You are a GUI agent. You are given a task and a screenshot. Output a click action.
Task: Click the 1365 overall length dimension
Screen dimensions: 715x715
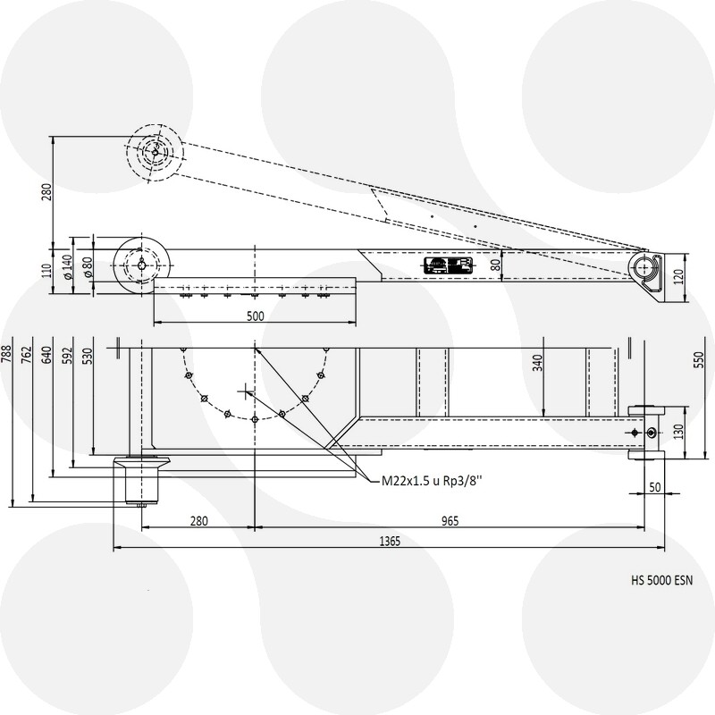[389, 541]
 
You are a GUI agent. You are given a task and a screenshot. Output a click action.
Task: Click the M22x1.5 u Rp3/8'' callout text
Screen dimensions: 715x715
[433, 480]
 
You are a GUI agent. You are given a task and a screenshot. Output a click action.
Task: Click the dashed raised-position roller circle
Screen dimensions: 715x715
[155, 152]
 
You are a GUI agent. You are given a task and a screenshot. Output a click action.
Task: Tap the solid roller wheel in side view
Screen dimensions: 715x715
[143, 265]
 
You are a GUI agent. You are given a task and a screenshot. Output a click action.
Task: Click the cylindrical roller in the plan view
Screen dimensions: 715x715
[139, 480]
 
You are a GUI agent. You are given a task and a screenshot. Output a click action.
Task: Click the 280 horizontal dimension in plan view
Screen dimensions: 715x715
[198, 521]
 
